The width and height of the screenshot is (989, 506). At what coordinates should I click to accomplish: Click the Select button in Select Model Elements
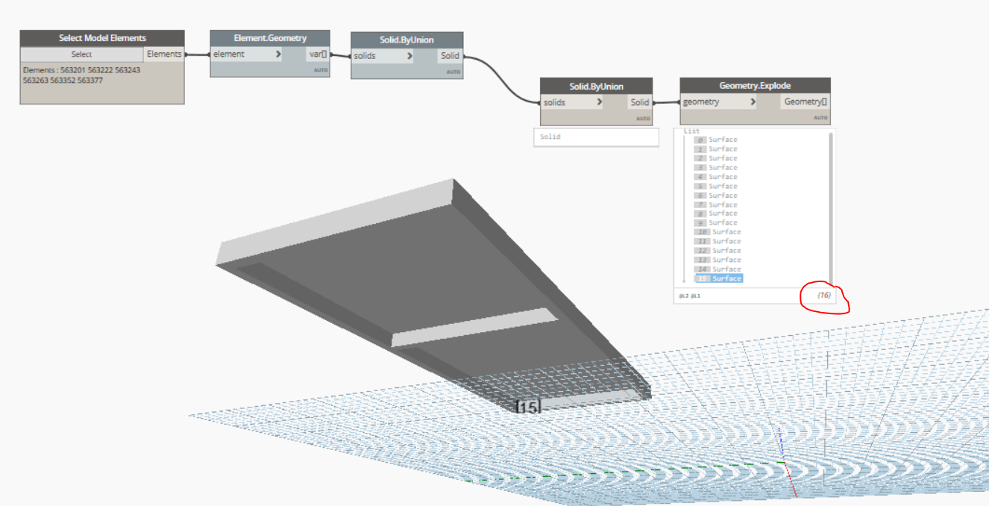coord(81,54)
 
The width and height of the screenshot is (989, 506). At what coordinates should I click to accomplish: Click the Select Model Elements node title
coord(102,38)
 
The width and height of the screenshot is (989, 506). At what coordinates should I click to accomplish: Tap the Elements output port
coord(164,54)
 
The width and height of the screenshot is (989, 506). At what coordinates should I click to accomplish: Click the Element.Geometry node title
coord(269,38)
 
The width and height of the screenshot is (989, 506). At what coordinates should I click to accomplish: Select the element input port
coord(246,54)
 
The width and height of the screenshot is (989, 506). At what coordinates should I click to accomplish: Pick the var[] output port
coord(318,54)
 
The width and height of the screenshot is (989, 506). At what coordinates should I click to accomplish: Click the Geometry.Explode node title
coord(755,86)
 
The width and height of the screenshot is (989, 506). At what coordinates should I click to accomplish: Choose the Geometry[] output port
coord(806,102)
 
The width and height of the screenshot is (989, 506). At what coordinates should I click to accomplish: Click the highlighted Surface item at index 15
coord(726,278)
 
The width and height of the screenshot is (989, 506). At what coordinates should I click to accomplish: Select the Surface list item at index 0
coord(722,140)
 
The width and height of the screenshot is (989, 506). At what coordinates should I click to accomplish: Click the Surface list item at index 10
coord(726,232)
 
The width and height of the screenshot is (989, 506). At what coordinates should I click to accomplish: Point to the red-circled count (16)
coord(823,296)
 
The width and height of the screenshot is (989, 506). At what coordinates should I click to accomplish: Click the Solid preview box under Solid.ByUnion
coord(596,137)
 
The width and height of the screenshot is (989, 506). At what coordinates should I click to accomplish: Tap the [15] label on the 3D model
coord(528,407)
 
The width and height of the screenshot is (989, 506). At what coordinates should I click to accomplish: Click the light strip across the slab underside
coord(474,329)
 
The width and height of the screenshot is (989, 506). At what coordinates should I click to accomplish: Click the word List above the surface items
coord(691,131)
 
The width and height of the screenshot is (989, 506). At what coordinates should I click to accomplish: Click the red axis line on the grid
coord(791,481)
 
